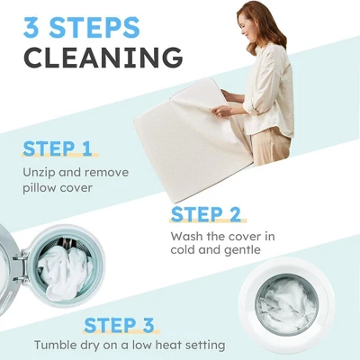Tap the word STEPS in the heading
94,28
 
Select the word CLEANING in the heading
103,58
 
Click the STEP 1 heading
58,148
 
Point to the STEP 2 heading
206,214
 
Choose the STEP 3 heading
119,326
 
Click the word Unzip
39,173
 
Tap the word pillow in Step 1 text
40,188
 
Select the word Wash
186,237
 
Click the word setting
205,346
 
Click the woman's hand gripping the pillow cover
222,111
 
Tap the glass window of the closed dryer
286,304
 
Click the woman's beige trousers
271,147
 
